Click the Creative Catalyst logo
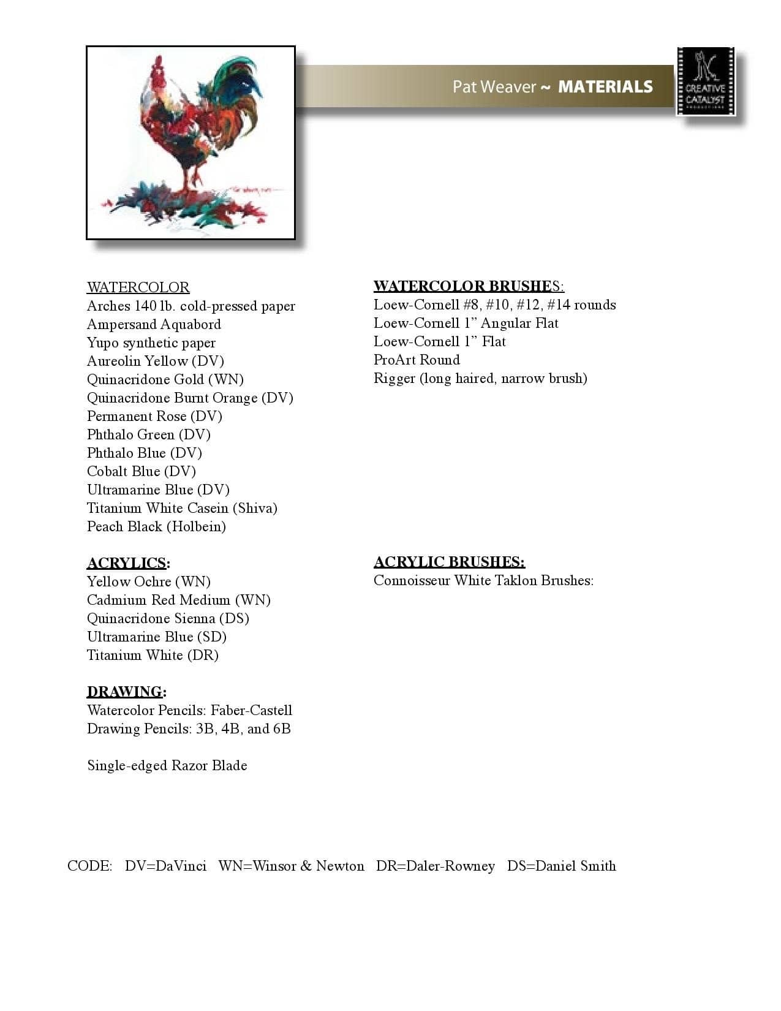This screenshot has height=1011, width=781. pos(706,81)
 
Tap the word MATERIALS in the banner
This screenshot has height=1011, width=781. pos(605,87)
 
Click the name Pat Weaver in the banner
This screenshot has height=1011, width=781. pos(494,87)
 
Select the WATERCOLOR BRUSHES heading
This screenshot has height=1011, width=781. pos(469,286)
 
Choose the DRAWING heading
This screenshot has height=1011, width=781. pos(126,692)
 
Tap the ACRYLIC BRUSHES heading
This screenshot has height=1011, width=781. pos(449,562)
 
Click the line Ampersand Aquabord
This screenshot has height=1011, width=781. pos(154,324)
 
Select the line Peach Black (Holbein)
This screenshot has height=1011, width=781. pos(156,526)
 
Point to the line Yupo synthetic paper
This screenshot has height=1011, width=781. pos(151,343)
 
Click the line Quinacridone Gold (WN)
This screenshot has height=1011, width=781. pos(165,379)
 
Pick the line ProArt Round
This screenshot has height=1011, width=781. pos(417,360)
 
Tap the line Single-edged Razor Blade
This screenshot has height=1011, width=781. pos(167,765)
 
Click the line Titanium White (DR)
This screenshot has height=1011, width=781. pos(153,655)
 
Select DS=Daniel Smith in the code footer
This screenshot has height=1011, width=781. pos(561,866)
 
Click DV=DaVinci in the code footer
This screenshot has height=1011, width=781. pos(165,866)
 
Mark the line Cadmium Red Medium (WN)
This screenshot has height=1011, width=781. pos(179,600)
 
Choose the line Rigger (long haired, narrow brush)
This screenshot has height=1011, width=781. pos(480,378)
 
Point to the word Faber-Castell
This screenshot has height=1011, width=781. pos(251,710)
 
